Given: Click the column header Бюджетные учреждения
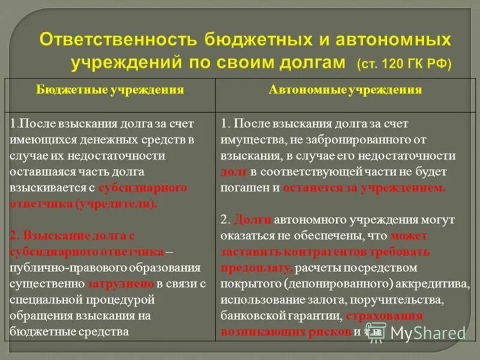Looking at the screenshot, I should pyautogui.click(x=110, y=90).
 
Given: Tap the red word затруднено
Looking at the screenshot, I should pyautogui.click(x=122, y=282).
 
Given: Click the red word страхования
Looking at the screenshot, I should pyautogui.click(x=384, y=314).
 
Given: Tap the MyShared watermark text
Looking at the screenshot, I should pyautogui.click(x=427, y=332).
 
